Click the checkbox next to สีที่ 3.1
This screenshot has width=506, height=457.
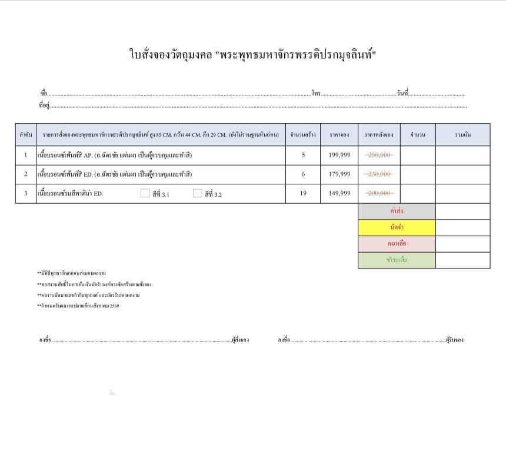point(145,193)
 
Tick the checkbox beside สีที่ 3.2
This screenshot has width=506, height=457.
point(198,193)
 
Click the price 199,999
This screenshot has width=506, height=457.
point(339,155)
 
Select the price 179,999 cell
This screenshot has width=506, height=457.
point(339,174)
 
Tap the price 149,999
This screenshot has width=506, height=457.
point(339,193)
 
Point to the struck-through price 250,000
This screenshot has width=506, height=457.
point(378,155)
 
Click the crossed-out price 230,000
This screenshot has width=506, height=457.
point(378,174)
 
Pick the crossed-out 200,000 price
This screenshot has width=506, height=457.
point(378,193)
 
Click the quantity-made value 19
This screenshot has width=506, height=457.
point(303,193)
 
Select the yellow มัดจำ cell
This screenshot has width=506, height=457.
point(397,227)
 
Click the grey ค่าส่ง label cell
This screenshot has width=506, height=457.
point(397,211)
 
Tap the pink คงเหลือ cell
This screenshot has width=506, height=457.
point(397,243)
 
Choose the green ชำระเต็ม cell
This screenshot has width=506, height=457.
point(397,260)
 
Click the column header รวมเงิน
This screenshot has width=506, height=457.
point(462,135)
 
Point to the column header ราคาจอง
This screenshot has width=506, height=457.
point(339,135)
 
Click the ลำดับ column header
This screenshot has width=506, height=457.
point(25,135)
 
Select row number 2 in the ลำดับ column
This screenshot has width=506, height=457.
point(25,174)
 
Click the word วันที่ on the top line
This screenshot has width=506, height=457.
point(402,94)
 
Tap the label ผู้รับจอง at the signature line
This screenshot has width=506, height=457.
point(455,340)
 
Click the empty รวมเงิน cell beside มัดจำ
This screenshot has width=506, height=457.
point(462,227)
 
